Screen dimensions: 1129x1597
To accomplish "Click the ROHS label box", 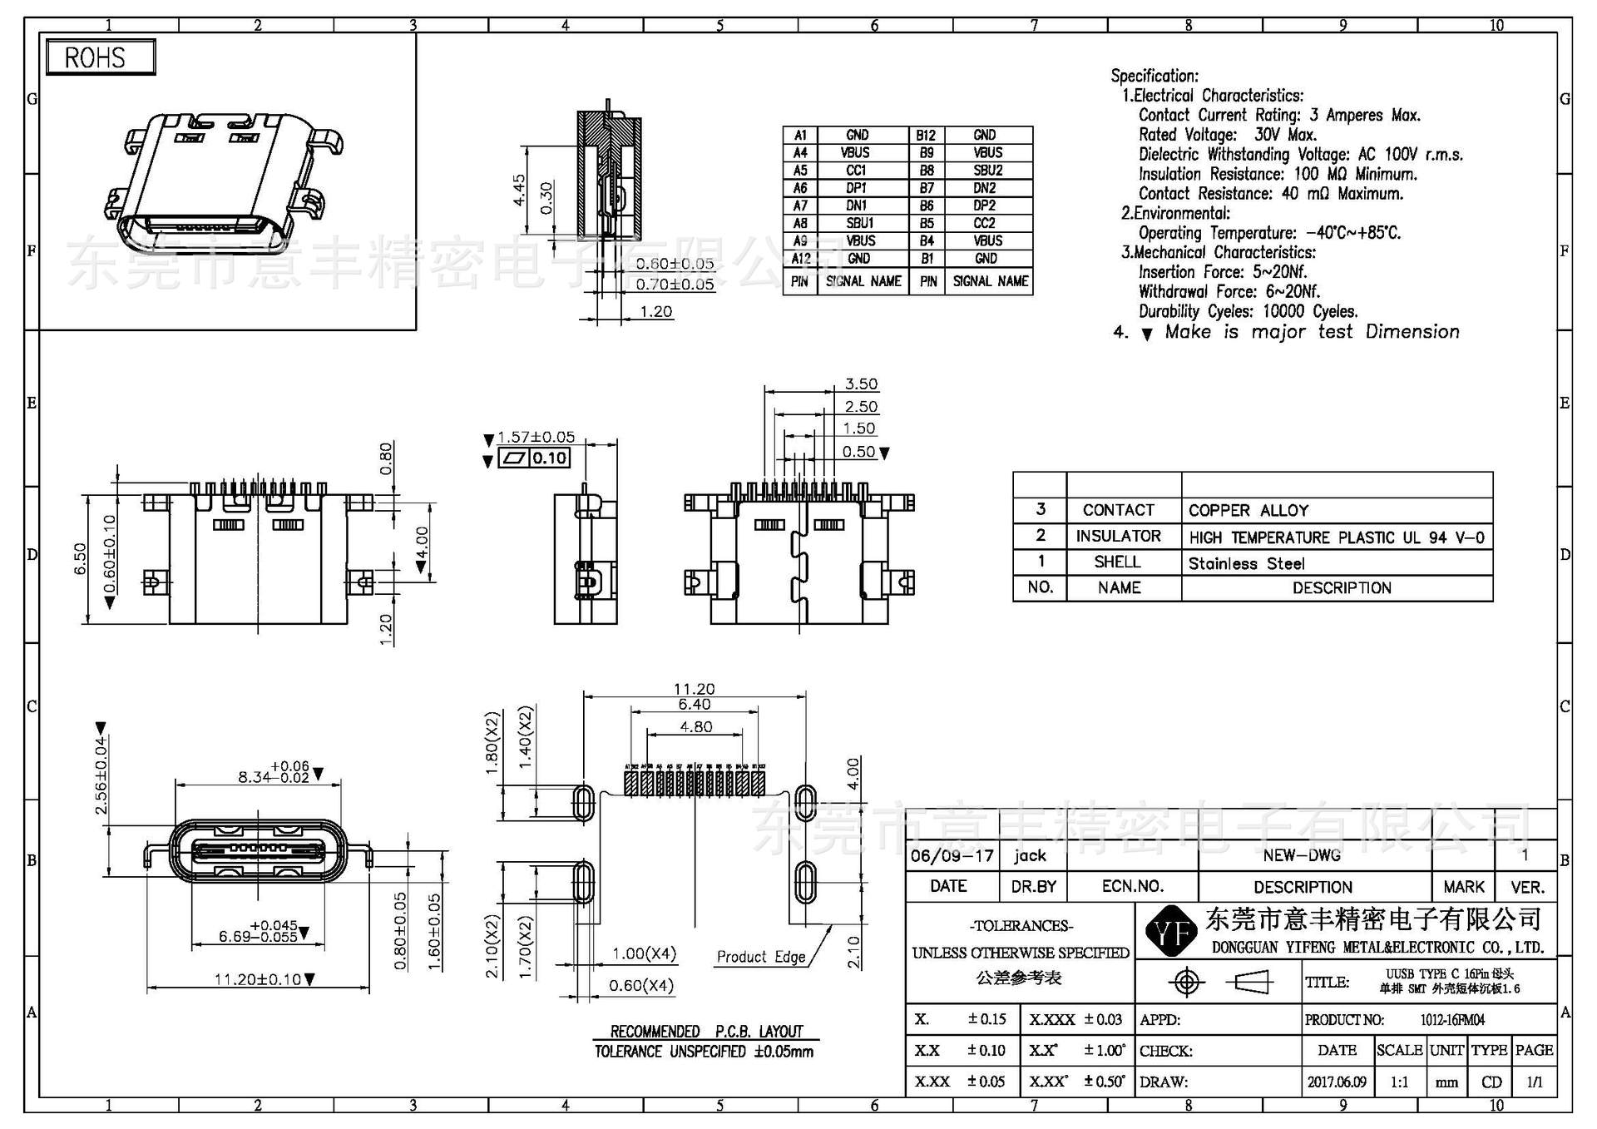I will click(x=100, y=57).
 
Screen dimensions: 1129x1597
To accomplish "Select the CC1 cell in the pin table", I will click(x=856, y=171).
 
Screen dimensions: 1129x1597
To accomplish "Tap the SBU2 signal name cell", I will click(x=987, y=171).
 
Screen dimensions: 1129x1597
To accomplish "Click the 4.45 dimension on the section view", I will click(x=519, y=190).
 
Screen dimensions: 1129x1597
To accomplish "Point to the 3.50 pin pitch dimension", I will click(x=861, y=384).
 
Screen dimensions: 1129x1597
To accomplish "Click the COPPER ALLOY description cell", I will click(x=1248, y=510).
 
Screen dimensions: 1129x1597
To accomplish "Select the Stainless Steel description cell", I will click(x=1246, y=563).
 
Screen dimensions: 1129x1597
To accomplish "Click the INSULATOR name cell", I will click(x=1118, y=536).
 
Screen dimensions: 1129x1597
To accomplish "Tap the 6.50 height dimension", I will click(x=80, y=558).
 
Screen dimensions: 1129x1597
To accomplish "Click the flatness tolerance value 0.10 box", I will click(x=549, y=458).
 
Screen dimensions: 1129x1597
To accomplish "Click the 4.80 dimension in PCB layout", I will click(x=695, y=726).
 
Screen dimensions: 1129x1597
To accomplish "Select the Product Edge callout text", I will click(x=761, y=957).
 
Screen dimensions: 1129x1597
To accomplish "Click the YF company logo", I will click(x=1170, y=933).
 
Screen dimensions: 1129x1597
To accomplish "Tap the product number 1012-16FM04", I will click(x=1452, y=1019).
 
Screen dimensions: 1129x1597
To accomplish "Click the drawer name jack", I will click(x=1030, y=855).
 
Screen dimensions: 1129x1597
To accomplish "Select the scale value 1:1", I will click(x=1400, y=1082).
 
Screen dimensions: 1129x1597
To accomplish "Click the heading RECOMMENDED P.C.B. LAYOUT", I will click(x=706, y=1032).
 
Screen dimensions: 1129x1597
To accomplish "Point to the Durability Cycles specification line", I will click(x=1248, y=311).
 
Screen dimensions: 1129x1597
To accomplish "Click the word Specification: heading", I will click(x=1154, y=76).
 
